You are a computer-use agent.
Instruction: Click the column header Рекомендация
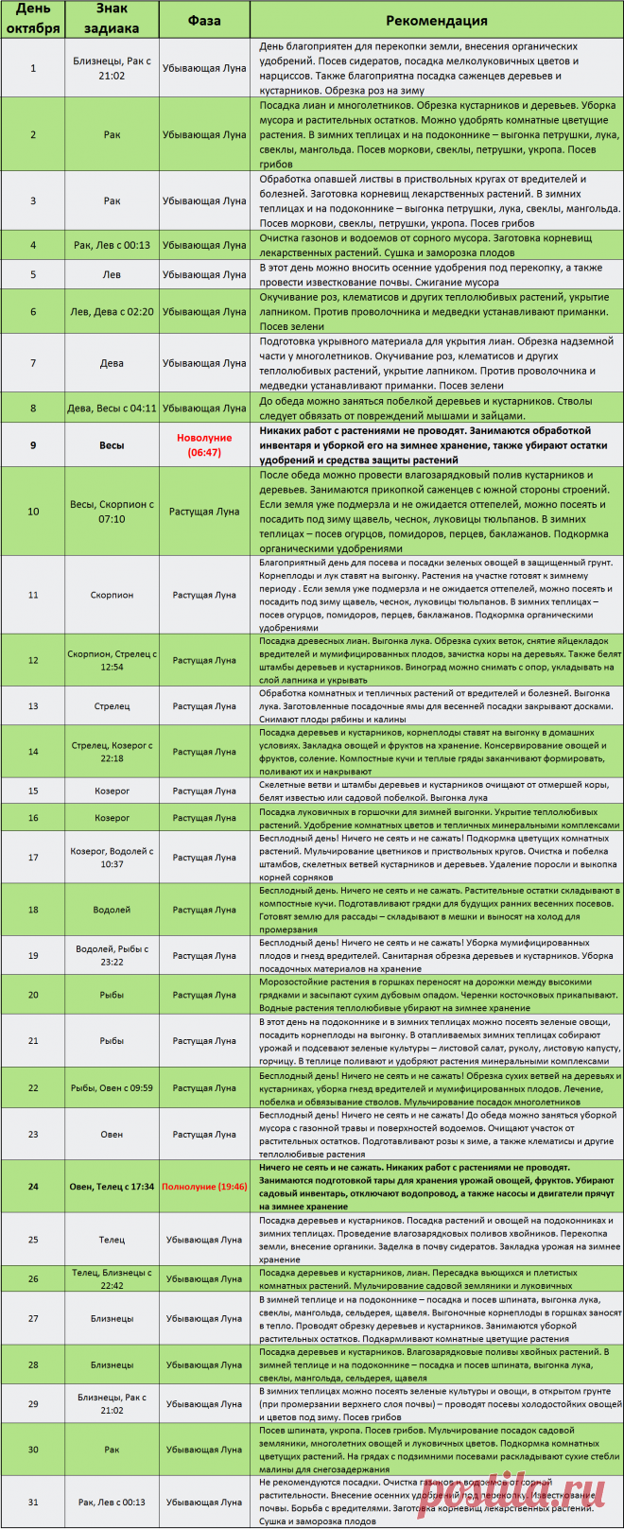click(x=437, y=20)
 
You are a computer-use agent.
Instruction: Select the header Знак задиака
click(x=112, y=20)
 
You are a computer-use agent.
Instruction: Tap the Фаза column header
click(x=204, y=20)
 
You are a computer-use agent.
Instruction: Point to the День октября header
click(x=33, y=20)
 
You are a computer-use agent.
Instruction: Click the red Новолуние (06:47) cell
click(x=204, y=444)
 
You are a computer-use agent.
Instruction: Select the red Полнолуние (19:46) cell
click(x=204, y=1186)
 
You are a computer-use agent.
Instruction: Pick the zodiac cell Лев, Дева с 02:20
click(x=112, y=311)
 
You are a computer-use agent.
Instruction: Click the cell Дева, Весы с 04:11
click(x=112, y=408)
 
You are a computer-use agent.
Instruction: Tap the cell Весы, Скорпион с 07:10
click(x=112, y=512)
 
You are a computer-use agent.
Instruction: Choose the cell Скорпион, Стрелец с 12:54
click(x=112, y=660)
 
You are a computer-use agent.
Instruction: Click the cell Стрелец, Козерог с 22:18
click(x=112, y=751)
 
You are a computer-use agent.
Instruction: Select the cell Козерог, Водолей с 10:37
click(x=112, y=857)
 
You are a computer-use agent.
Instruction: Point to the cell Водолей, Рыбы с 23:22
click(x=112, y=955)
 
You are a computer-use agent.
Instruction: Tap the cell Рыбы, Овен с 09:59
click(x=112, y=1087)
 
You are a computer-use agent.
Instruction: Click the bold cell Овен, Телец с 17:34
click(x=112, y=1186)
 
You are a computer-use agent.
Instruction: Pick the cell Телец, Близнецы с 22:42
click(x=112, y=1278)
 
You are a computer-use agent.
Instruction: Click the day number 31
click(x=33, y=1502)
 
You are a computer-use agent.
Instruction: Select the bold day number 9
click(x=33, y=444)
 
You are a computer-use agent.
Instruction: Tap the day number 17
click(x=33, y=857)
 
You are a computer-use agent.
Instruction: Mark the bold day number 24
click(x=33, y=1186)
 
